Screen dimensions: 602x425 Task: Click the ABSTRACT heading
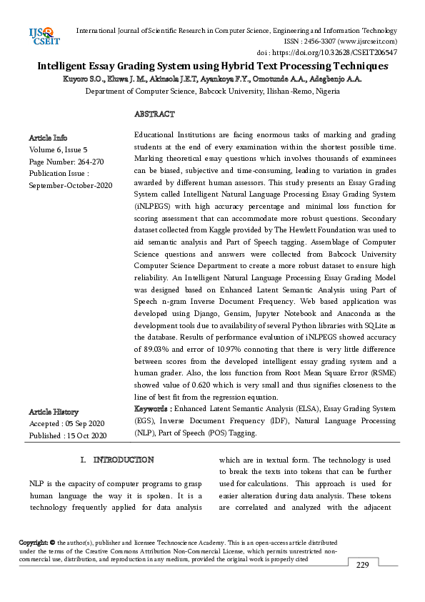(154, 114)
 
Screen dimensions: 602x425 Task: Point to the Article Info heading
(48, 137)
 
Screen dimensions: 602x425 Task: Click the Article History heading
(54, 412)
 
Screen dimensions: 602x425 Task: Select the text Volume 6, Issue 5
(58, 149)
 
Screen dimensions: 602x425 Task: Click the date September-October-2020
(71, 186)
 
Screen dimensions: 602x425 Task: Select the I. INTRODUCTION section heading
(117, 459)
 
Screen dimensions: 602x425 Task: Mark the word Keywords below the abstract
(151, 408)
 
